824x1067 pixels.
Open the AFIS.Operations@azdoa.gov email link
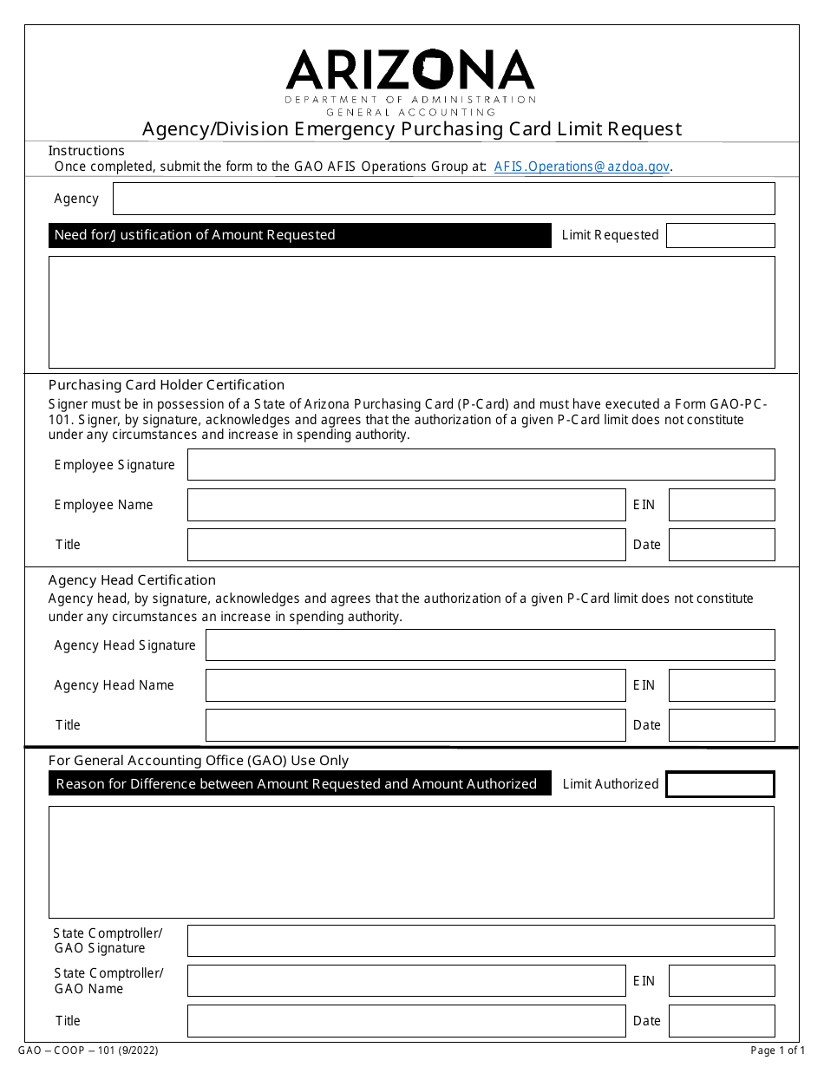pyautogui.click(x=581, y=167)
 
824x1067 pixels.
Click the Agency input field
pyautogui.click(x=443, y=199)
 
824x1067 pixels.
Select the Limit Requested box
pyautogui.click(x=720, y=235)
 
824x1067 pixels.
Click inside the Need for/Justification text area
pyautogui.click(x=411, y=311)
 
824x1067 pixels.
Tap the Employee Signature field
pyautogui.click(x=481, y=465)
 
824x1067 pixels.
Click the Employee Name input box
pyautogui.click(x=406, y=505)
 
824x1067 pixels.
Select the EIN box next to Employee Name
pyautogui.click(x=721, y=505)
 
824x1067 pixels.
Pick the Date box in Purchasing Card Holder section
pyautogui.click(x=721, y=545)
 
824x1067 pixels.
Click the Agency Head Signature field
pyautogui.click(x=489, y=645)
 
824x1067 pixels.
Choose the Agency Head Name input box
pyautogui.click(x=415, y=685)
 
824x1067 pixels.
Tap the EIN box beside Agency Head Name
pyautogui.click(x=721, y=685)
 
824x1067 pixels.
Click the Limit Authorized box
pyautogui.click(x=720, y=784)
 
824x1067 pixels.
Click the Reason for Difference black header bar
pyautogui.click(x=299, y=784)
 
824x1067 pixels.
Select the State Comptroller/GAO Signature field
pyautogui.click(x=481, y=940)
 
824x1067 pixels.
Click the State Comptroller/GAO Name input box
pyautogui.click(x=406, y=981)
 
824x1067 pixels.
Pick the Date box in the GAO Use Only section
pyautogui.click(x=721, y=1021)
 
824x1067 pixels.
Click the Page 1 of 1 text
pyautogui.click(x=777, y=1051)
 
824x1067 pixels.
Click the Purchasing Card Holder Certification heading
pyautogui.click(x=167, y=385)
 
